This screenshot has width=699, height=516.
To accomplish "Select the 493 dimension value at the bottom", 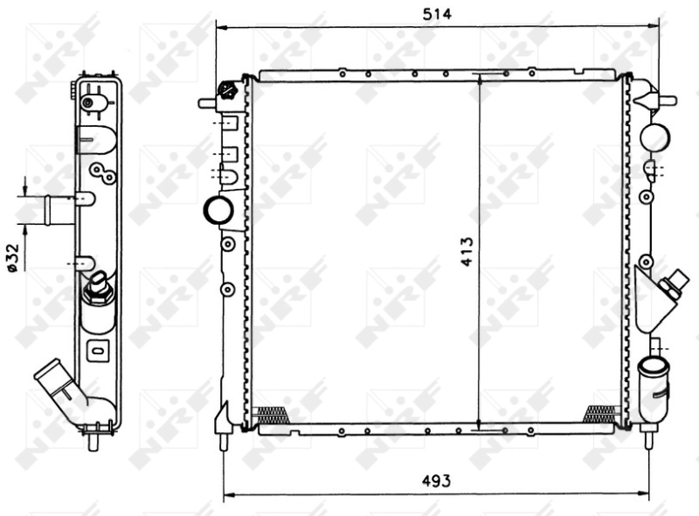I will point(437,480).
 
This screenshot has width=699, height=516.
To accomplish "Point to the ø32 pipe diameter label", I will point(12,258).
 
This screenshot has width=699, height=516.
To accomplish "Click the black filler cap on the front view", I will point(228,89).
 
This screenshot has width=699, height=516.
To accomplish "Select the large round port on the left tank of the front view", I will point(216,210).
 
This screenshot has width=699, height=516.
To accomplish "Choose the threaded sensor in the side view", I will point(98,289).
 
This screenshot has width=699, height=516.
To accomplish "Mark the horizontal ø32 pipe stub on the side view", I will point(60,210).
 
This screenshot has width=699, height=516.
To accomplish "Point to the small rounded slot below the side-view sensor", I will point(97,350).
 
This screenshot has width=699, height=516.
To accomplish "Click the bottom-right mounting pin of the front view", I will point(647,437).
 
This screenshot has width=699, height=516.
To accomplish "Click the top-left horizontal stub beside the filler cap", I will point(207,103).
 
